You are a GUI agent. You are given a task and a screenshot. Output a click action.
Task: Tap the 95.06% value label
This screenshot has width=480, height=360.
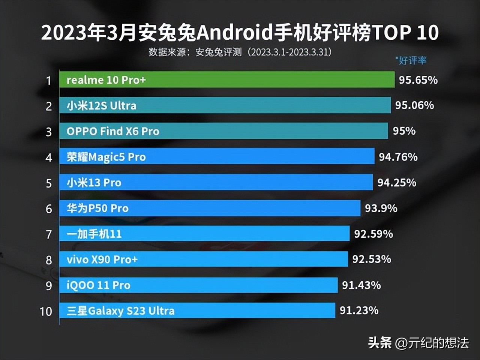coord(414,105)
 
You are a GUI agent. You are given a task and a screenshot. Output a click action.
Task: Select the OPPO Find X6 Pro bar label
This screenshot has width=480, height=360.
coord(113,131)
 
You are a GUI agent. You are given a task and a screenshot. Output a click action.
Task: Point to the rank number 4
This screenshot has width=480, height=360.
coord(49,157)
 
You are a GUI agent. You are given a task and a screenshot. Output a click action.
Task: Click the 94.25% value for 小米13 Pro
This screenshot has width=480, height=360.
coord(397,183)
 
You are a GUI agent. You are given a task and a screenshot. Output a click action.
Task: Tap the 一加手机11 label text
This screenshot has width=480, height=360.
coord(94,234)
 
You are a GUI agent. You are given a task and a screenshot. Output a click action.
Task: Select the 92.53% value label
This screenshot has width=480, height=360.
coord(372,259)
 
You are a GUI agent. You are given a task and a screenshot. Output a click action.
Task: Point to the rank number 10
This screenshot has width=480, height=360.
coord(46,311)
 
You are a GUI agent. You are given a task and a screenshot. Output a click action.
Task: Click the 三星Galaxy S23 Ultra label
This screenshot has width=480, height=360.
coord(120,311)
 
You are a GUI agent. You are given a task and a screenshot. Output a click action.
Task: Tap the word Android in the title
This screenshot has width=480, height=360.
coord(234,33)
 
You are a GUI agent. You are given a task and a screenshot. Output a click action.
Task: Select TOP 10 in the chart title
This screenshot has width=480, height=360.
coord(405,33)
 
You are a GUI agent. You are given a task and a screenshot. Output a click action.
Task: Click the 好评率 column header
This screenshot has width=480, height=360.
coord(411,60)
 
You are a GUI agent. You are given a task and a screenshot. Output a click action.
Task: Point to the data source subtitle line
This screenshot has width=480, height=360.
coord(240,52)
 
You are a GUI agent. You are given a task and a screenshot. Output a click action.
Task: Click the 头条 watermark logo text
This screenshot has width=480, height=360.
coord(379,342)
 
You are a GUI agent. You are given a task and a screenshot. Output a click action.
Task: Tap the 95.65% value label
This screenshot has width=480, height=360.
coord(418,80)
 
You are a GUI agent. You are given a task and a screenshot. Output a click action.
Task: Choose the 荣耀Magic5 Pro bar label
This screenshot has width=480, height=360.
coord(106,157)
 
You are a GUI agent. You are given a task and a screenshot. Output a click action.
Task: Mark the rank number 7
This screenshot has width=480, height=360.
coord(49,235)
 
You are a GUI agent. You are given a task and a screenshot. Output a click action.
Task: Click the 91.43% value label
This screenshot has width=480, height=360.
coord(361,285)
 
